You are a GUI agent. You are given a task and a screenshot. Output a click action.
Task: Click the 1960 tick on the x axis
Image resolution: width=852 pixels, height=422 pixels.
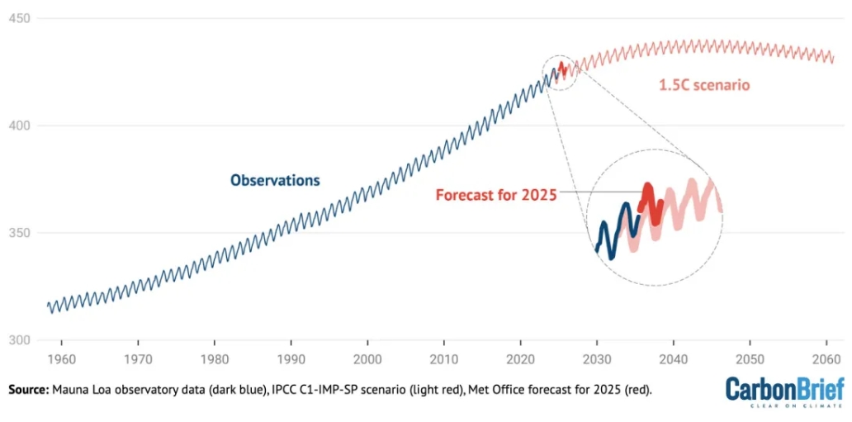pyautogui.click(x=61, y=360)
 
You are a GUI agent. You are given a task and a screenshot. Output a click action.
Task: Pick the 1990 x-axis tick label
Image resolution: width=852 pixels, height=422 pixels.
pyautogui.click(x=291, y=360)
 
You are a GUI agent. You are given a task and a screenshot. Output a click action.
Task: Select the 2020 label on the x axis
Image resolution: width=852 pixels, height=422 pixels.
pyautogui.click(x=520, y=360)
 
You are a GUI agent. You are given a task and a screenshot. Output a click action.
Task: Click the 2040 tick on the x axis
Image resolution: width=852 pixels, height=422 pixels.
pyautogui.click(x=674, y=360)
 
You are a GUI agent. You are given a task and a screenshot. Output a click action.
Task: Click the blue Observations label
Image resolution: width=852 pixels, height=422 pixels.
pyautogui.click(x=275, y=180)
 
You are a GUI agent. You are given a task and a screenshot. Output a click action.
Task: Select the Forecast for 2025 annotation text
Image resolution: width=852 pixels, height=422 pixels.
pyautogui.click(x=496, y=196)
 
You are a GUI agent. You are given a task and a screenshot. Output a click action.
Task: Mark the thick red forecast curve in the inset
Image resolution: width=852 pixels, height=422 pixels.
pyautogui.click(x=649, y=198)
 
